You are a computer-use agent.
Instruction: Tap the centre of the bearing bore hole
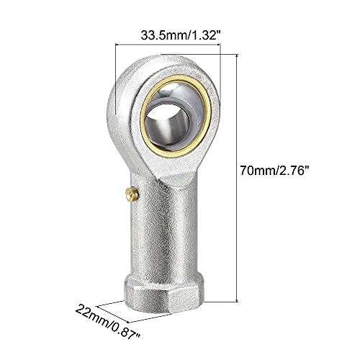(168, 120)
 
